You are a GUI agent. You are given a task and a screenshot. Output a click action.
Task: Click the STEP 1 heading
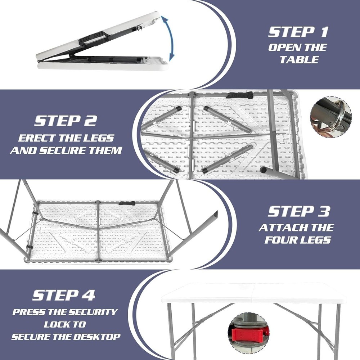[x=298, y=32]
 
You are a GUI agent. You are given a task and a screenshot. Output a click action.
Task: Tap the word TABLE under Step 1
[x=299, y=60]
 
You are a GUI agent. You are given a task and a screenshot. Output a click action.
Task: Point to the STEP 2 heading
[x=66, y=121]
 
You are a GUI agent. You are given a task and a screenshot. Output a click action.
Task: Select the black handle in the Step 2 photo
[x=239, y=95]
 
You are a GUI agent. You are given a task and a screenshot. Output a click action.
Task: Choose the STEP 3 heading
[x=298, y=211]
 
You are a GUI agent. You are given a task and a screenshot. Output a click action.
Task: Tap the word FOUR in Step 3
[x=280, y=240]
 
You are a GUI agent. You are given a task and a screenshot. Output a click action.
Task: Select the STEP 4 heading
[x=64, y=295]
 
